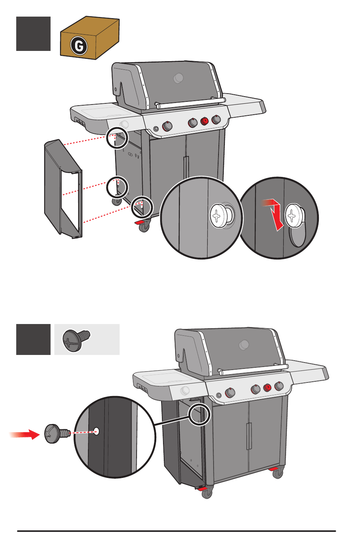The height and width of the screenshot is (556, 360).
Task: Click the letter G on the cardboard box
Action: coord(79,46)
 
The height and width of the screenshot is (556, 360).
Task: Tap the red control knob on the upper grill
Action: coord(204,121)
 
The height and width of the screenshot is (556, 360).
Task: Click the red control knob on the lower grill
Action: coord(267,387)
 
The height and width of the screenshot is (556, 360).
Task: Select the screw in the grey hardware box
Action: coord(77,340)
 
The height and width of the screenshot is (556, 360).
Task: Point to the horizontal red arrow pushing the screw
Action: coord(25,435)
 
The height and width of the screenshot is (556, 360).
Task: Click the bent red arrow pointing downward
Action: coord(275,214)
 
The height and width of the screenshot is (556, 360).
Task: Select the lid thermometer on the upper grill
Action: coord(178,78)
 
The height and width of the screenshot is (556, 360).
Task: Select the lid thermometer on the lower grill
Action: coord(244,344)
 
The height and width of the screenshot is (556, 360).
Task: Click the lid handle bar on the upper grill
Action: coord(191,103)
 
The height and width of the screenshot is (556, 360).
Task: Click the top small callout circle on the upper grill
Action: coord(117,138)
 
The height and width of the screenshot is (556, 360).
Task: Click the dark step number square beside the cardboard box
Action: coord(33,34)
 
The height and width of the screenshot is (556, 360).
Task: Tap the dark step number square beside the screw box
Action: coord(33,339)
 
